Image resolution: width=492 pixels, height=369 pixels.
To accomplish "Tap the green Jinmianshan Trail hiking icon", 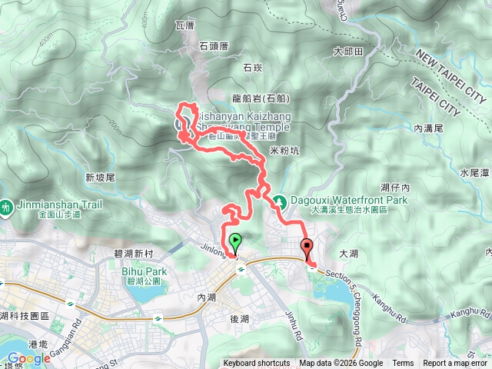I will (6, 206).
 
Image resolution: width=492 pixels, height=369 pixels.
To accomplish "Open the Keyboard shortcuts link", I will (257, 364).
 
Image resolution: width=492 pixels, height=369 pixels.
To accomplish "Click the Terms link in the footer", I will (403, 364).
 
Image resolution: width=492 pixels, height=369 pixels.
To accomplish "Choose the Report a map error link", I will (455, 364).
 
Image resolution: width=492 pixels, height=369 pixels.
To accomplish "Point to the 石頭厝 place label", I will (214, 46).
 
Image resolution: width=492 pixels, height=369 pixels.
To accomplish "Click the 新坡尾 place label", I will (100, 178).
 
